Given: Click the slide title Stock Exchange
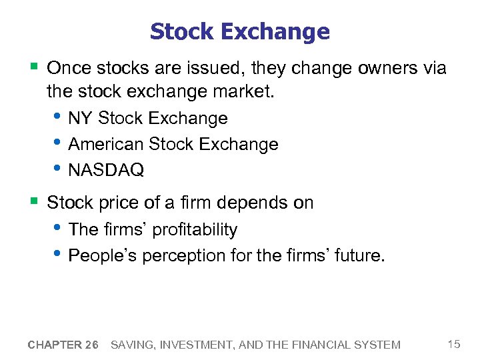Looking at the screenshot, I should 239,31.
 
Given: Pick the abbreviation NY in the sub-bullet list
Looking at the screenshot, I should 80,119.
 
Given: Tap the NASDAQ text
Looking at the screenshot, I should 106,170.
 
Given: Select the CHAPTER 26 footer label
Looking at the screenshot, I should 63,345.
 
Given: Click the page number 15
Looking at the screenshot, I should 454,344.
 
